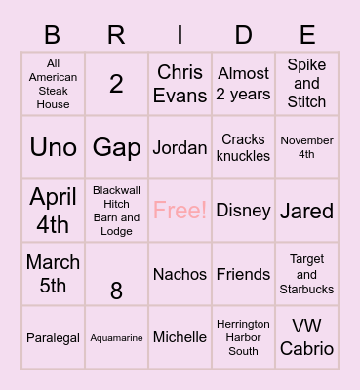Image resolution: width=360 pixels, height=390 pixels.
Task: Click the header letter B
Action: [53, 36]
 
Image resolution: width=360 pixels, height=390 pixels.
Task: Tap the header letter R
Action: [116, 36]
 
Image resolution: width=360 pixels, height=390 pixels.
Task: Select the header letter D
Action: [243, 36]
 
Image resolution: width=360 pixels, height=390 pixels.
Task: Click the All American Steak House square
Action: [53, 85]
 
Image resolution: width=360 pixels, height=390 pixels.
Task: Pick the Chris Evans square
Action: [180, 85]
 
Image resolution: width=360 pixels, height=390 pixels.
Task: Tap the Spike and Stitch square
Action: [306, 85]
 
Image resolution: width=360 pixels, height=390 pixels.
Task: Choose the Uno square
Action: [53, 147]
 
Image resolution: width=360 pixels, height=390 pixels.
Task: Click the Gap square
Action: [116, 147]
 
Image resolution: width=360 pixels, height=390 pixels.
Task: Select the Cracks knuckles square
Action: [243, 147]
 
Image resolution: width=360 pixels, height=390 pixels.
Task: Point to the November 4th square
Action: [306, 147]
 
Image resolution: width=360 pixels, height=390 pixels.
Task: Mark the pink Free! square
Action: [180, 211]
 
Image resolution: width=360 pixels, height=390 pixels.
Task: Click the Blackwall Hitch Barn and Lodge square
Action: [116, 211]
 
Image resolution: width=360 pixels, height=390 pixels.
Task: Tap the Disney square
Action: [243, 211]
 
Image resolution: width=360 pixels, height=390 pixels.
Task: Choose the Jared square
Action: [306, 211]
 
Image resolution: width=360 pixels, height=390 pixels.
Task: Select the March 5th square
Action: [53, 274]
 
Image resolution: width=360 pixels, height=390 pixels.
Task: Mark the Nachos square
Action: [180, 274]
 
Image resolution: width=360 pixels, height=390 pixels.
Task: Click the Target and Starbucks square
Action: [306, 274]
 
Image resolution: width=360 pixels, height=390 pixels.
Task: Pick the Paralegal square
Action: [53, 337]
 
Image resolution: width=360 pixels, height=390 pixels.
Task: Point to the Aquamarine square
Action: [116, 337]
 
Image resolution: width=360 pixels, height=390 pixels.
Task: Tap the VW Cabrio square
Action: [306, 337]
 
